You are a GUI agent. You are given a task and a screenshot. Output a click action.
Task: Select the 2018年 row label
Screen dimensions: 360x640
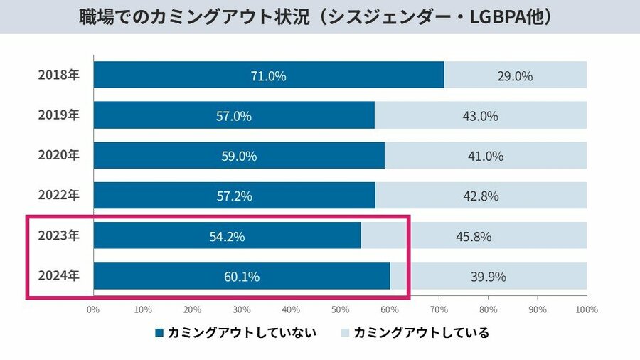click(58, 75)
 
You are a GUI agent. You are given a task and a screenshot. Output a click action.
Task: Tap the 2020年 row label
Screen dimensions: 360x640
click(58, 155)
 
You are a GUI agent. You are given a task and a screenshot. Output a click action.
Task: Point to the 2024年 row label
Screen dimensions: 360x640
click(58, 276)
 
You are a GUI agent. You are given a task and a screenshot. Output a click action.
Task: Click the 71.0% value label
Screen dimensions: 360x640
click(268, 75)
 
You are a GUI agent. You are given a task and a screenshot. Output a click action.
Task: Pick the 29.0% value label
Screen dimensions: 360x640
click(515, 75)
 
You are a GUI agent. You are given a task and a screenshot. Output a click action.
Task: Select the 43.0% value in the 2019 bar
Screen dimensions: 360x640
click(480, 116)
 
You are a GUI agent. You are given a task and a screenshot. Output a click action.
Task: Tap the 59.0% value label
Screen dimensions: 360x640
click(238, 156)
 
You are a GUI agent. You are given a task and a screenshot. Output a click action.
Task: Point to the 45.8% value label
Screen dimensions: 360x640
click(474, 236)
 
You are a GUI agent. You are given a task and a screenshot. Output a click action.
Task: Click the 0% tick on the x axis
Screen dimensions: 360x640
click(92, 309)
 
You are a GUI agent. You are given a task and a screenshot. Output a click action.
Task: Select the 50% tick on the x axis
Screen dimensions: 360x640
click(339, 309)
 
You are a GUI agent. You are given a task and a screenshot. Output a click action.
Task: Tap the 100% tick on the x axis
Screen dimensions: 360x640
click(586, 309)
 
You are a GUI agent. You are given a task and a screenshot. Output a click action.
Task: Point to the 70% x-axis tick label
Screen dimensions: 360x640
click(438, 309)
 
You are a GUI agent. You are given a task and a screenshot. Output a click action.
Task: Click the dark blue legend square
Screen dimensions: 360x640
click(159, 332)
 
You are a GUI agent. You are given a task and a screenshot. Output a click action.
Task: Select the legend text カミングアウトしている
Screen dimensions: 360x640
click(421, 332)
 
